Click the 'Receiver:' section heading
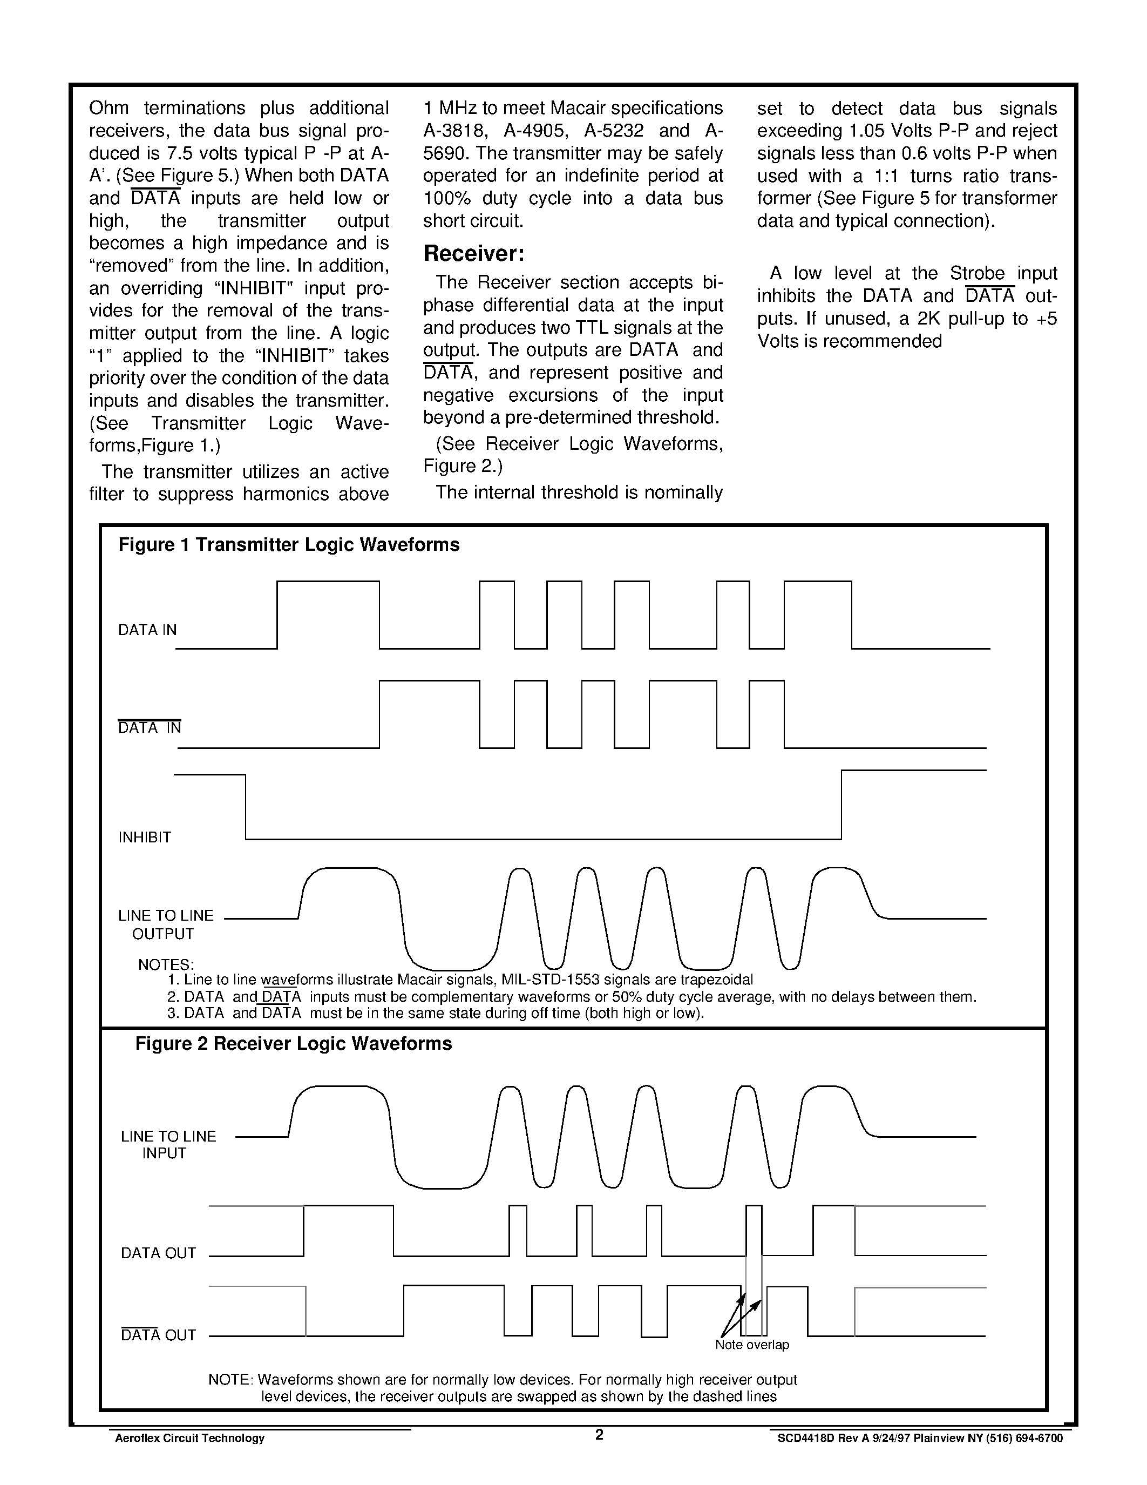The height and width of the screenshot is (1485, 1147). click(473, 254)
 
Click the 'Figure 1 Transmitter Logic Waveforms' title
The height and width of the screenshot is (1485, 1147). click(289, 545)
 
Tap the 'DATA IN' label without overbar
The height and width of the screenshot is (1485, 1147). click(147, 630)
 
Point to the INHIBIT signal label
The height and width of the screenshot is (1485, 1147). click(145, 837)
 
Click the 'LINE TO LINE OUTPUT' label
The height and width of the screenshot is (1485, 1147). click(165, 924)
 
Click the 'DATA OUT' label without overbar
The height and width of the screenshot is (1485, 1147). click(158, 1253)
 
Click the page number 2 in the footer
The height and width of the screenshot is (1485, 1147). click(599, 1435)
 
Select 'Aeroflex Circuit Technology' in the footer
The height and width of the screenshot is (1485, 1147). click(189, 1438)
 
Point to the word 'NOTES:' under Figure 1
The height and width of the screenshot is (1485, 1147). click(166, 964)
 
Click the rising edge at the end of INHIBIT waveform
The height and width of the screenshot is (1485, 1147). click(841, 805)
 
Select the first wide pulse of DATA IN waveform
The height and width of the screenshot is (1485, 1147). click(328, 582)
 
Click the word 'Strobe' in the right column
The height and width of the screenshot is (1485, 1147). click(977, 273)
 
